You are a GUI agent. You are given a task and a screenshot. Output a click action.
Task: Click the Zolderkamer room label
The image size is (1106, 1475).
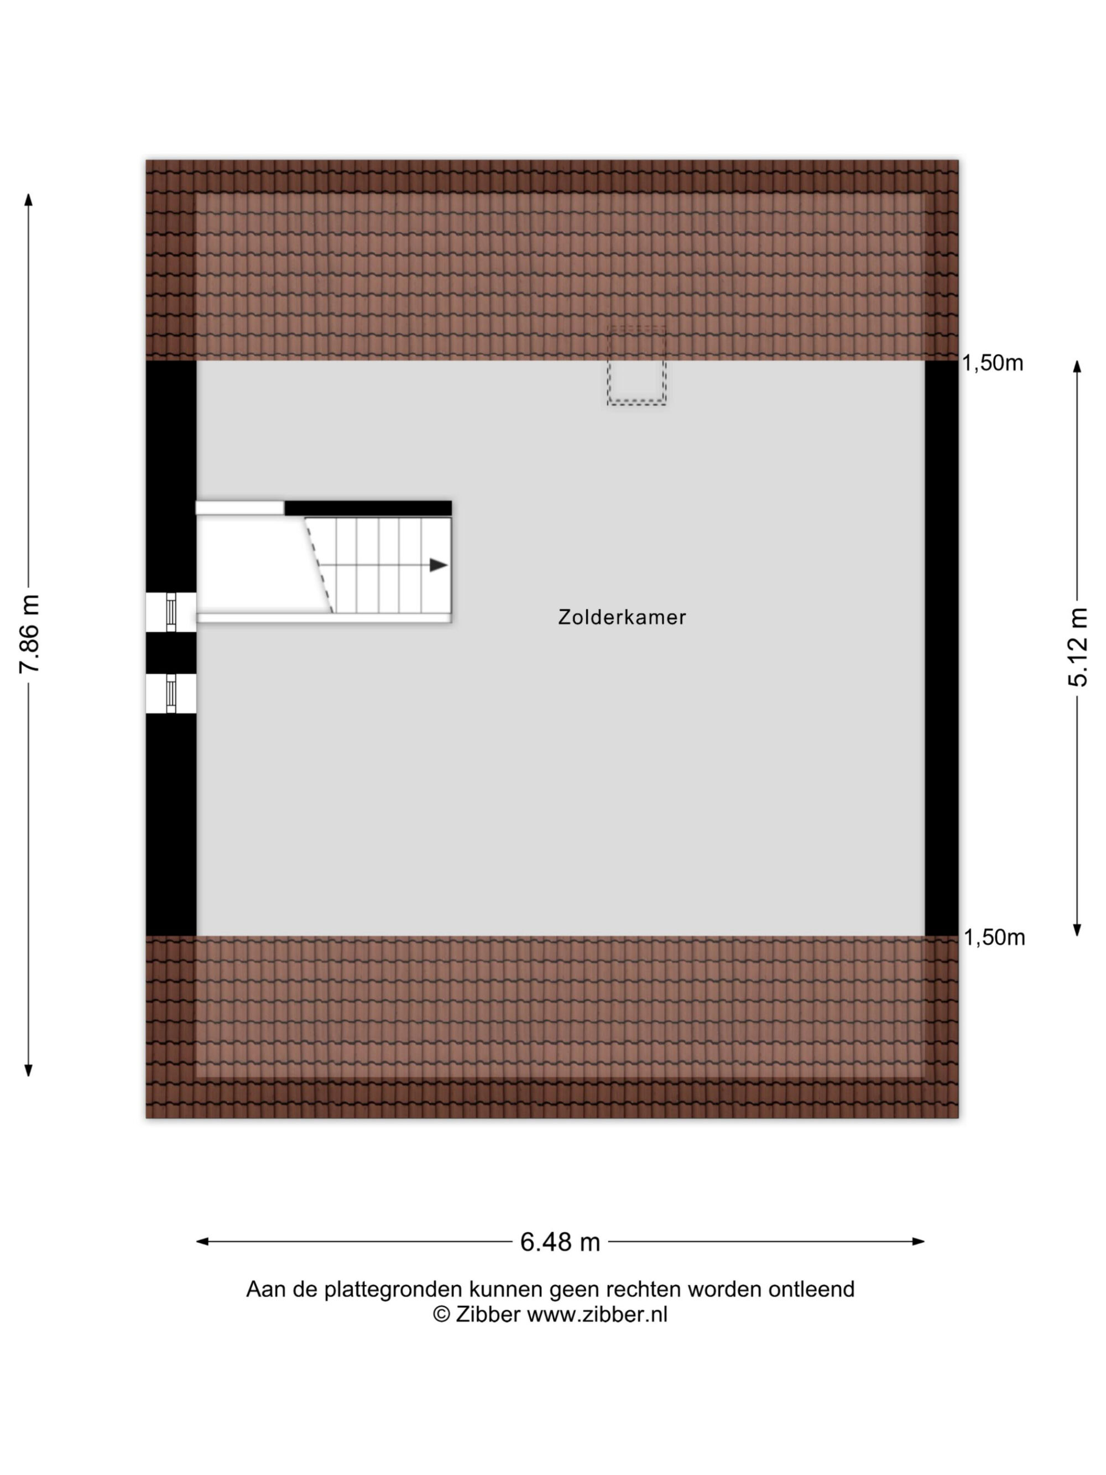[622, 617]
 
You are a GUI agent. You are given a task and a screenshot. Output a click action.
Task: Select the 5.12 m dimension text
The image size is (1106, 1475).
[1077, 647]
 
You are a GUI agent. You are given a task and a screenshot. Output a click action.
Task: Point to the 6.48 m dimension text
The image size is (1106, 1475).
[560, 1242]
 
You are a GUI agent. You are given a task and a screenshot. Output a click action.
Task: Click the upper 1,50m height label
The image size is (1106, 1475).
[992, 363]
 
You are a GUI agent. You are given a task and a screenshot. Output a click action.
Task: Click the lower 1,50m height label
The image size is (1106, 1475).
[994, 937]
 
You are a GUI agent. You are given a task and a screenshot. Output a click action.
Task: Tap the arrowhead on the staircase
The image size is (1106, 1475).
[438, 565]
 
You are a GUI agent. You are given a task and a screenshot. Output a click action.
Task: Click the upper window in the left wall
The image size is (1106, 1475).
[171, 612]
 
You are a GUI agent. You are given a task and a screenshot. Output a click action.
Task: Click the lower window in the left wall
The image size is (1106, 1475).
[171, 693]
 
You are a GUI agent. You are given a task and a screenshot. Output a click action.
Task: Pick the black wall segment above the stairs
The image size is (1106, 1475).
[368, 508]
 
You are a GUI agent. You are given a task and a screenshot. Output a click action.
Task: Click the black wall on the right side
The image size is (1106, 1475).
[941, 648]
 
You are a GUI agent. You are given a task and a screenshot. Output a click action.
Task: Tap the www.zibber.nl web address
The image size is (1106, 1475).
[597, 1314]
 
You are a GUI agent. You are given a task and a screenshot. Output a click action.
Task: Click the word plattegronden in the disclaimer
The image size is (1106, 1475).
[393, 1290]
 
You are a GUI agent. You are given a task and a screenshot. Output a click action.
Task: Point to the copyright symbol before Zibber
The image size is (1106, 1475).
[441, 1314]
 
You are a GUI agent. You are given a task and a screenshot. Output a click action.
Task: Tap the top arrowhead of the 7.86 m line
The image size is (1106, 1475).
[28, 199]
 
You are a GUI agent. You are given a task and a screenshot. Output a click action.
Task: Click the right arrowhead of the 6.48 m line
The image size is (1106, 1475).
[919, 1242]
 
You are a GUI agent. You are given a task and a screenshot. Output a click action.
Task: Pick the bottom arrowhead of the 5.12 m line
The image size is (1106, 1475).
[1077, 931]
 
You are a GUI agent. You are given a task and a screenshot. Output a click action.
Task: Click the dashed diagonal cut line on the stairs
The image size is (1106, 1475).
[319, 565]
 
